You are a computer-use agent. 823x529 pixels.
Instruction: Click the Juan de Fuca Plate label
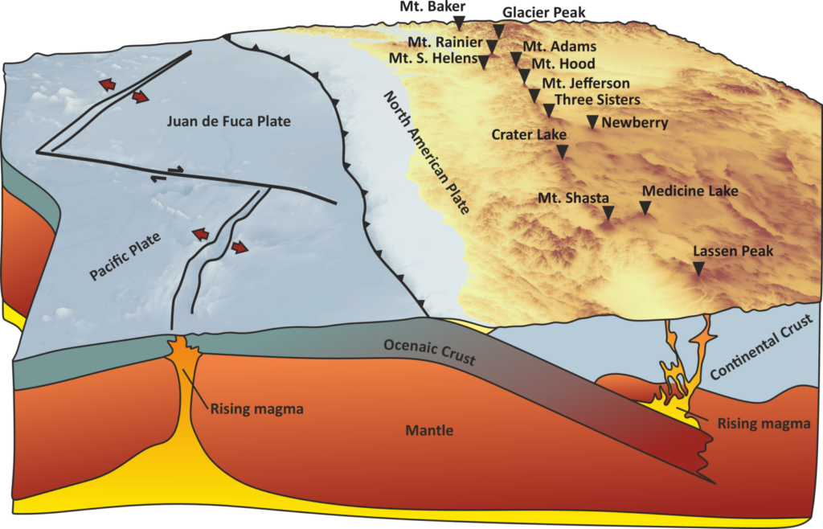coord(229,121)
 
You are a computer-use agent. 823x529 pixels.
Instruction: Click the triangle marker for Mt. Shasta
coord(608,212)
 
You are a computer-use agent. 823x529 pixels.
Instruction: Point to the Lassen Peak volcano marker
coord(698,270)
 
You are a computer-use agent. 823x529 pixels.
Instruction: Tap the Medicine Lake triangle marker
coord(645,207)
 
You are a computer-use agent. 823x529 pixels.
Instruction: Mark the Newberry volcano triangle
coord(592,121)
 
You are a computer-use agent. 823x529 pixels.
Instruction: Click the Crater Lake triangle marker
coord(563,150)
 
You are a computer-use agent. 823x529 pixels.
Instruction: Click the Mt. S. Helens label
coord(433,59)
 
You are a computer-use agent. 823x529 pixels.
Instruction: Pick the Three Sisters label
coord(597,100)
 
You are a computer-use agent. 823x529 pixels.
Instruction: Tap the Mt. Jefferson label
coord(586,83)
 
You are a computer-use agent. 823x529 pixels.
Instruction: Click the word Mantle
coord(429,430)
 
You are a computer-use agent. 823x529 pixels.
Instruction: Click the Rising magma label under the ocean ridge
coord(256,409)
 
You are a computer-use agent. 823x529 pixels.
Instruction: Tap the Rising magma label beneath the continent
coord(764,424)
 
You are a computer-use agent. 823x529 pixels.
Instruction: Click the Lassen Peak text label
coord(733,252)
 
